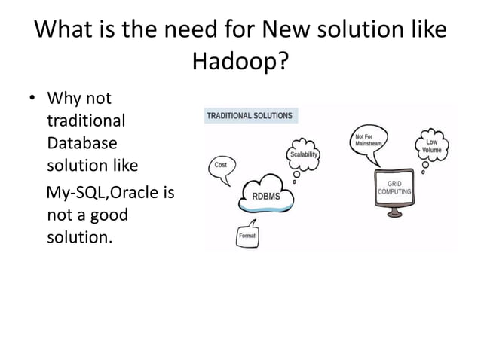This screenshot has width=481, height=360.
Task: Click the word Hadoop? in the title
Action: (x=240, y=60)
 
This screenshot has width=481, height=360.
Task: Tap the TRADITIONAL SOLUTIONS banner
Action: (x=249, y=116)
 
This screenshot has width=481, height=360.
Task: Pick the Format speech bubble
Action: (x=247, y=236)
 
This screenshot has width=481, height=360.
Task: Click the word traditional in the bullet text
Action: (x=86, y=121)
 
